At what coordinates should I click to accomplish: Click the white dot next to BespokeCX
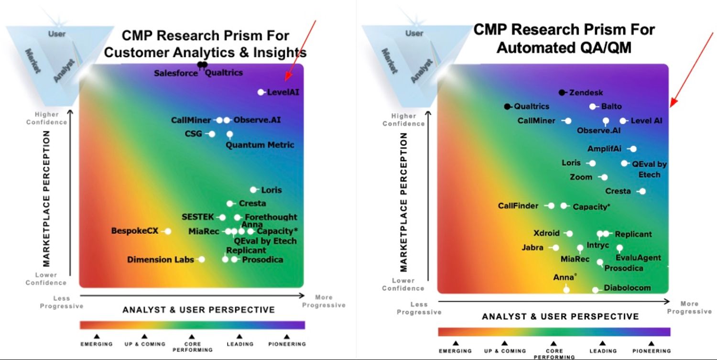click(x=168, y=231)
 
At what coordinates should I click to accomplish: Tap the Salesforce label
click(x=175, y=73)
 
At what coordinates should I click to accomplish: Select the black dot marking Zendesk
click(x=562, y=92)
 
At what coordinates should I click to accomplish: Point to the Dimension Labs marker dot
click(x=202, y=260)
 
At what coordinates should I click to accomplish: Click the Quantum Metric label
click(x=260, y=145)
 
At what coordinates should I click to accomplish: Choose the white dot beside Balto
click(x=593, y=107)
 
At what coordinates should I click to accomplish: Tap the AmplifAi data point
click(x=633, y=149)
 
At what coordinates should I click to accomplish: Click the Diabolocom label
click(x=627, y=288)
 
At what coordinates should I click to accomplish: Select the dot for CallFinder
click(x=551, y=206)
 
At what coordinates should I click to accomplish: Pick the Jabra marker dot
click(x=555, y=248)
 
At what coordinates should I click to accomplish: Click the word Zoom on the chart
click(x=581, y=177)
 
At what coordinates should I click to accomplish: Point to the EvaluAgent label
click(x=638, y=258)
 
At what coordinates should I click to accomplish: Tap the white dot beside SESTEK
click(x=222, y=218)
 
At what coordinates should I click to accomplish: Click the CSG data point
click(x=212, y=134)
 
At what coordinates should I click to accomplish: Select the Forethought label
click(x=271, y=217)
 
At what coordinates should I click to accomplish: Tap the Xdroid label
click(x=546, y=233)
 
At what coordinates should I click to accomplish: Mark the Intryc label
click(x=598, y=245)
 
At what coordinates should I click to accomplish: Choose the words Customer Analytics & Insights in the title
click(x=205, y=52)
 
